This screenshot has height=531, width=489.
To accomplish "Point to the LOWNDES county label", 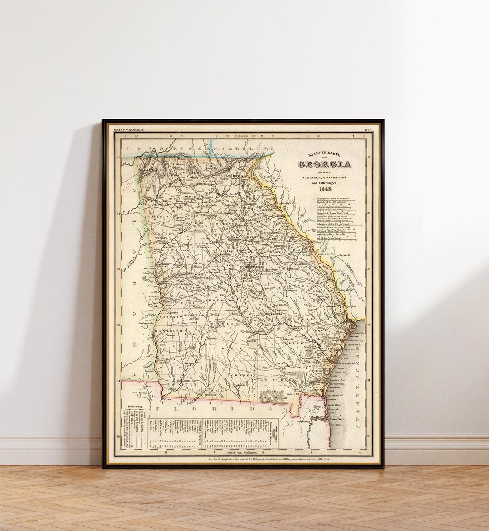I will (x=240, y=375).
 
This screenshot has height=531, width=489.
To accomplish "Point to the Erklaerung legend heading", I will (x=135, y=406).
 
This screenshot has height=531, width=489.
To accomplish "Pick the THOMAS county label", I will (x=215, y=390).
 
